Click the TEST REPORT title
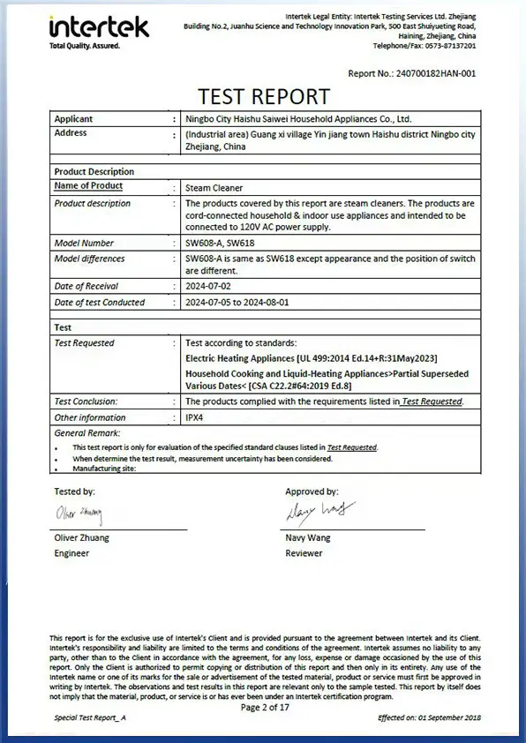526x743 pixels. coord(263,96)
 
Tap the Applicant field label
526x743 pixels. coord(73,118)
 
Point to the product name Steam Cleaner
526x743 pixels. coord(214,188)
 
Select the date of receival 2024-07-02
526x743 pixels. coord(214,287)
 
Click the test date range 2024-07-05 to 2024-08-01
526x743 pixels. coord(250,303)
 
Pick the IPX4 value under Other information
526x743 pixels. coord(196,417)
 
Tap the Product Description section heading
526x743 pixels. coord(94,172)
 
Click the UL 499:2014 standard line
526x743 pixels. coord(312,359)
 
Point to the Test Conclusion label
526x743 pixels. coord(86,402)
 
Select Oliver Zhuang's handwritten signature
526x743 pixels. coord(79,514)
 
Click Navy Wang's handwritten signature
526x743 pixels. coord(319,511)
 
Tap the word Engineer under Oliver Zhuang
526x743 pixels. coord(71,553)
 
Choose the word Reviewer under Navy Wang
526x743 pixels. coord(304,553)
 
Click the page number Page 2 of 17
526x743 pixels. coord(264,707)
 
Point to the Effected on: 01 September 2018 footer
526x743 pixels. coord(428,719)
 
